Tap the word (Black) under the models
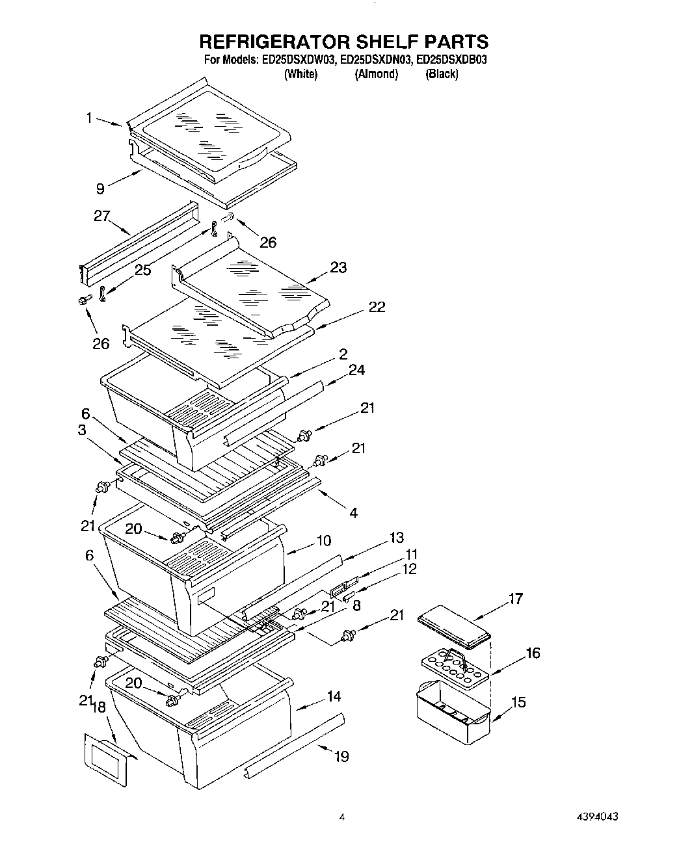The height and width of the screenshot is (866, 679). [x=442, y=74]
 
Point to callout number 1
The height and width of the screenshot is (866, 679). [x=89, y=118]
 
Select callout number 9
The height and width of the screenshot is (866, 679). [x=100, y=189]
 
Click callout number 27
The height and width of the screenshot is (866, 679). [x=101, y=216]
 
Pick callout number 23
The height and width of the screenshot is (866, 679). [x=338, y=267]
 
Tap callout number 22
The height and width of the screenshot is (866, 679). [x=377, y=307]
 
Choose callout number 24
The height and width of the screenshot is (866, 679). [x=356, y=370]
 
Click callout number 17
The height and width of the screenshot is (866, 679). [x=515, y=599]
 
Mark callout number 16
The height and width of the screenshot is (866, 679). [x=532, y=653]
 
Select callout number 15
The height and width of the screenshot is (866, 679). [x=518, y=702]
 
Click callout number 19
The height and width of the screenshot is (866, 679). [x=341, y=756]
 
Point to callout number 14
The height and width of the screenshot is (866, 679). [x=333, y=697]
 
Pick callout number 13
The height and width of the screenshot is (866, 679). [x=396, y=538]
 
